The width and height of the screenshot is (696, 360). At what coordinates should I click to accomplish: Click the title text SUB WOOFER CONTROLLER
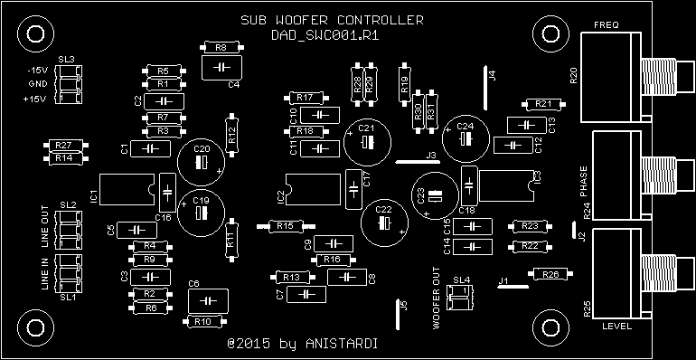331,21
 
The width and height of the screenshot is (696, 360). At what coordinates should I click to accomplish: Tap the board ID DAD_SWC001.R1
331,35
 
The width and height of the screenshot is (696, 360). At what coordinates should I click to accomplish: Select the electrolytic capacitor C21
366,141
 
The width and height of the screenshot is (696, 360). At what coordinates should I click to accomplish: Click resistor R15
285,225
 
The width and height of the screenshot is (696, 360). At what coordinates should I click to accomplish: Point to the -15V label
36,71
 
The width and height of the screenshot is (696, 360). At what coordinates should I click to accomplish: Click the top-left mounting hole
36,34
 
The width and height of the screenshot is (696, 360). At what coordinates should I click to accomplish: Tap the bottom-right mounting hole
548,327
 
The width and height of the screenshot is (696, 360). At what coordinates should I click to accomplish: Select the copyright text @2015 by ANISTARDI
302,345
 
